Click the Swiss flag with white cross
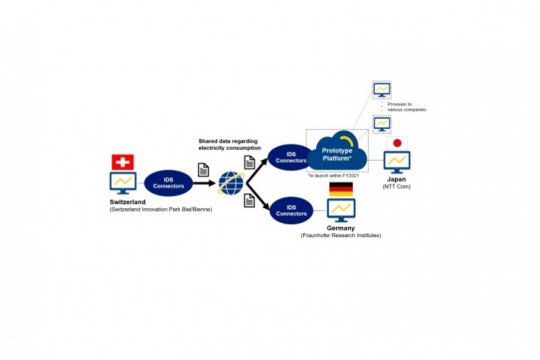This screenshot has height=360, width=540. (123, 162)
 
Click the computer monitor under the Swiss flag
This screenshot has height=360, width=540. (123, 184)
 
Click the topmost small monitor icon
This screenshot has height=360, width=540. (382, 90)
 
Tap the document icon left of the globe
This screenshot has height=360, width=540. (202, 171)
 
